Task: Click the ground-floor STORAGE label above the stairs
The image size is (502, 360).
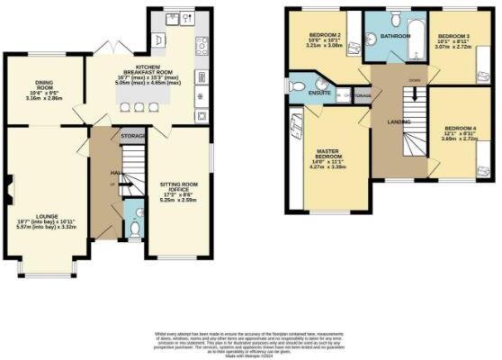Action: click(133, 136)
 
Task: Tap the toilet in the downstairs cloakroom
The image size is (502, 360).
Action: click(135, 228)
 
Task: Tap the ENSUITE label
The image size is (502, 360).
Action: click(319, 93)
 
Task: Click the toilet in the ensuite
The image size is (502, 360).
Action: click(297, 87)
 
